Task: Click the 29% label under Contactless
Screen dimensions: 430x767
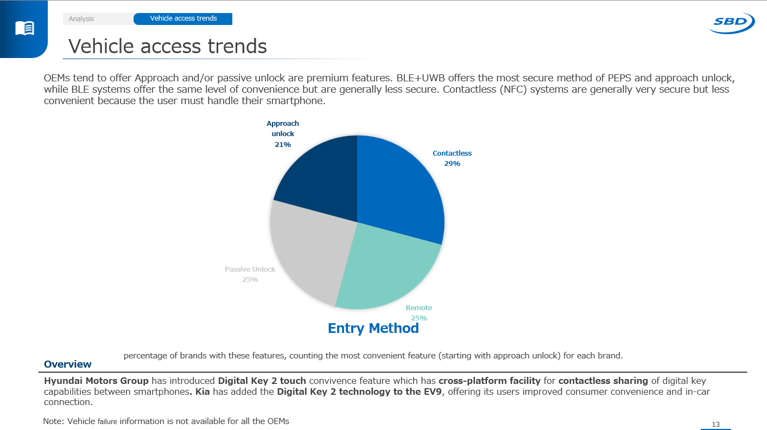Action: click(x=452, y=164)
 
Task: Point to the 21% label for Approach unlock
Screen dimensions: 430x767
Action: click(x=283, y=145)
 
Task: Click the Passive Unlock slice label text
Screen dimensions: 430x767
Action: click(x=250, y=269)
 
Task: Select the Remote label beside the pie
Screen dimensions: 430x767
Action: click(x=419, y=308)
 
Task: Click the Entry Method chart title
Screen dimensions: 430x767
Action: click(x=373, y=329)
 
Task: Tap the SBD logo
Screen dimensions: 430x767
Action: click(x=732, y=23)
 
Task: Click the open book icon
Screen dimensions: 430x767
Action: click(x=25, y=28)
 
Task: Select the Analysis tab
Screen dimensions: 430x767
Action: click(x=81, y=19)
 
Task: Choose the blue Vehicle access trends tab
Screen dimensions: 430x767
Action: click(x=183, y=18)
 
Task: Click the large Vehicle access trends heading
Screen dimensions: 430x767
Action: click(x=168, y=47)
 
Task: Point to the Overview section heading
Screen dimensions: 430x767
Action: click(x=68, y=364)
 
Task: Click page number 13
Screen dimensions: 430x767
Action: click(x=715, y=425)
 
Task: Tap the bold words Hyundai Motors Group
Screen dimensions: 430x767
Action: click(x=96, y=381)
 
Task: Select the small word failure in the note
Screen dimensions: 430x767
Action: click(x=107, y=422)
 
